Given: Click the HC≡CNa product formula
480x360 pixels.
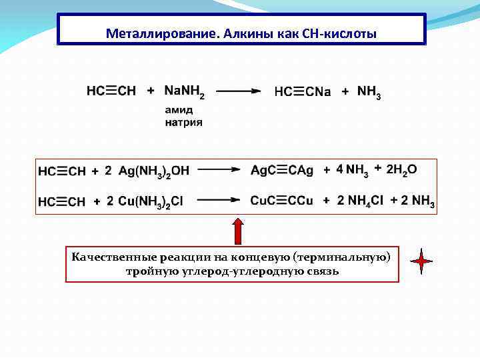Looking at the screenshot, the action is click(302, 91).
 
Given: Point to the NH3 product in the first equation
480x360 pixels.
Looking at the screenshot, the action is click(369, 92).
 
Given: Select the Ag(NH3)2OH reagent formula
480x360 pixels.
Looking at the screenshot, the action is click(154, 171).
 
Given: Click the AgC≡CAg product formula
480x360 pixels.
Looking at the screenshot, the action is click(281, 171).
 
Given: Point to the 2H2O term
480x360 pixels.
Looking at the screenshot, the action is click(402, 170).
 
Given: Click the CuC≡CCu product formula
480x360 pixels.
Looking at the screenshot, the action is click(281, 201).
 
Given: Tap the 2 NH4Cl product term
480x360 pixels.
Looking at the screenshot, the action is click(360, 201).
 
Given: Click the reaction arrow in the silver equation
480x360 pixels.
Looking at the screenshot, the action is click(218, 171).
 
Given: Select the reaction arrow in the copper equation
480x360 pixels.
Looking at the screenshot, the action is click(218, 200).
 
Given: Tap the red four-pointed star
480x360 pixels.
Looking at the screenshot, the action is click(421, 262).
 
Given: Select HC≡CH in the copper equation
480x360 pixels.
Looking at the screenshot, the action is click(62, 201).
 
